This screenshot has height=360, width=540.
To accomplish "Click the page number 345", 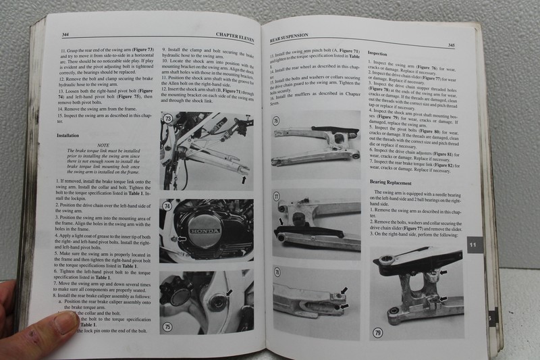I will (x=450, y=45).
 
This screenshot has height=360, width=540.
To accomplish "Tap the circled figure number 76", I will (x=277, y=122).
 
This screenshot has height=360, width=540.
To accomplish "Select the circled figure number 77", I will (x=277, y=197).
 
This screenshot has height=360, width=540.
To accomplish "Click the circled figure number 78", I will (x=277, y=272).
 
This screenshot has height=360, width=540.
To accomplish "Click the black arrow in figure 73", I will (x=242, y=180).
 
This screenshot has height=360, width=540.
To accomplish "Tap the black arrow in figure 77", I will (x=281, y=222).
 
